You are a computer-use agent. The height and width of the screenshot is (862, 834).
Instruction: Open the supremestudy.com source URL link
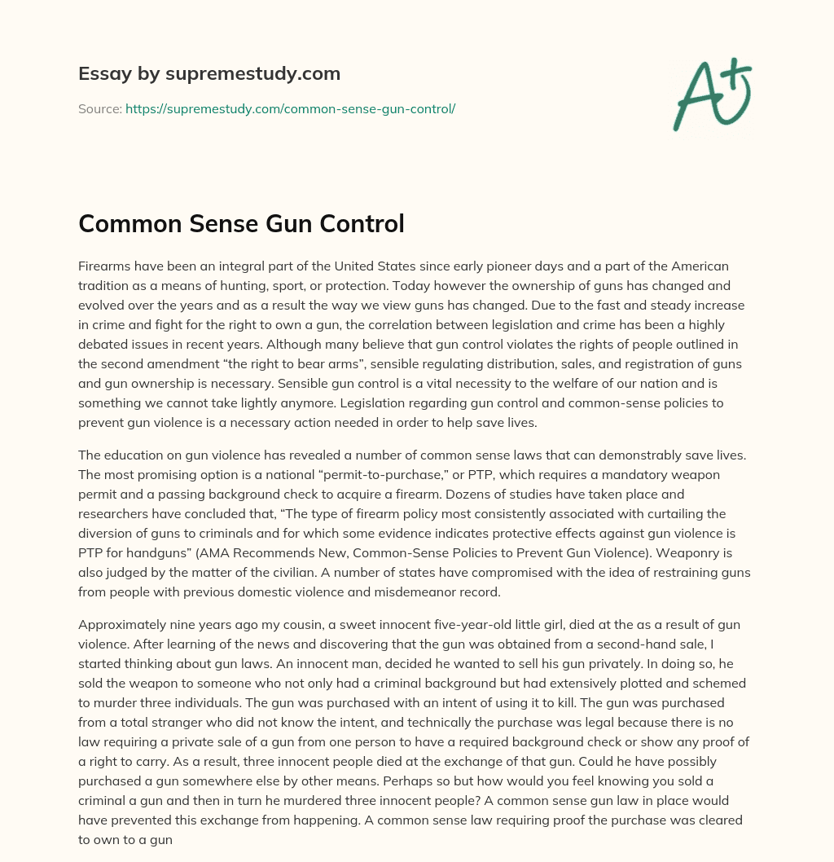[x=290, y=108]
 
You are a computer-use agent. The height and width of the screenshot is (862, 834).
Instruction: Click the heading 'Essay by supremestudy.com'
[x=209, y=74]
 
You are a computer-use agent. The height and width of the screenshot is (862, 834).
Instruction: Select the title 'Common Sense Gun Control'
[x=241, y=223]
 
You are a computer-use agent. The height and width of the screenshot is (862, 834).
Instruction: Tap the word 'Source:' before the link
[x=99, y=108]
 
